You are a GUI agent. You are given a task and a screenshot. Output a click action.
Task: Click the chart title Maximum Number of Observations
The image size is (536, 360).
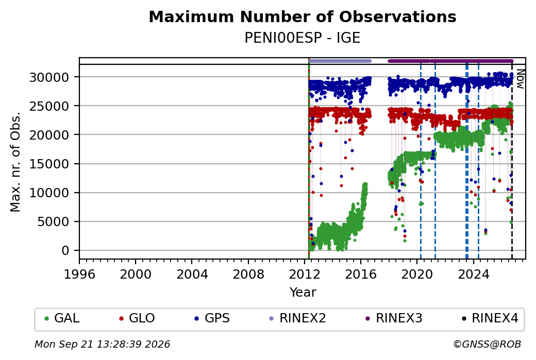[x=303, y=16]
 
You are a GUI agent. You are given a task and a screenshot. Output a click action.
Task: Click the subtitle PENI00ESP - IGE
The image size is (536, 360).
[x=303, y=38]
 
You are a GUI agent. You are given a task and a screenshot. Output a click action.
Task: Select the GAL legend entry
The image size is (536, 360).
[x=62, y=318]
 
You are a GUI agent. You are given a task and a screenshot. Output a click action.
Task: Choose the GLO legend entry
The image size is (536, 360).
[x=137, y=318]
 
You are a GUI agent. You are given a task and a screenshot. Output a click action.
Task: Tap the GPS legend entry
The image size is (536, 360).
[x=212, y=318]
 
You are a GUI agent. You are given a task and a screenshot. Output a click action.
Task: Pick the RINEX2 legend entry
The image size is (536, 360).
[x=298, y=318]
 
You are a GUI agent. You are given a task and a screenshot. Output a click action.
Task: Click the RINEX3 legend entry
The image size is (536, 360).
[x=394, y=318]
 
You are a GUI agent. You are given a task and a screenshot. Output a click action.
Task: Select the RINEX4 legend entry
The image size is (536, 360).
[x=490, y=318]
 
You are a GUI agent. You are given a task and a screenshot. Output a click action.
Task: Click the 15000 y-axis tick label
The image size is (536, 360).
[x=49, y=164]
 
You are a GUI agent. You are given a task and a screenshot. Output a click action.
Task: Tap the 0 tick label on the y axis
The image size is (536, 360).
[x=65, y=251]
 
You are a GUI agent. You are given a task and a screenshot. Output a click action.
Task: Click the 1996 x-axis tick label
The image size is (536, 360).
[x=79, y=275]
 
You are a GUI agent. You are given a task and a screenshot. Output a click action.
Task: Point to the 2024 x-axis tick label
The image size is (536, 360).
[x=474, y=275]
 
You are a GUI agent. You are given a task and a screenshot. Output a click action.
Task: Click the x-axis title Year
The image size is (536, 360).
[x=303, y=293]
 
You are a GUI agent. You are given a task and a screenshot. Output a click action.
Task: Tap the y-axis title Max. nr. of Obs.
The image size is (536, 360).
[x=15, y=162]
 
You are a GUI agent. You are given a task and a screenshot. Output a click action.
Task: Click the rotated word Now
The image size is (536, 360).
[x=520, y=79]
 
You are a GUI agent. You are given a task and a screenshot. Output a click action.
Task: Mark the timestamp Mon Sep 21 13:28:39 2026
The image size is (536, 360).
[x=102, y=344]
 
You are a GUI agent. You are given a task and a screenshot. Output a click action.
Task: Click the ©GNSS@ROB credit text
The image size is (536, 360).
[x=487, y=344]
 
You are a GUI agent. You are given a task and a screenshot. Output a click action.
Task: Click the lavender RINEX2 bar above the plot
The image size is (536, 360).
[x=340, y=61]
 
